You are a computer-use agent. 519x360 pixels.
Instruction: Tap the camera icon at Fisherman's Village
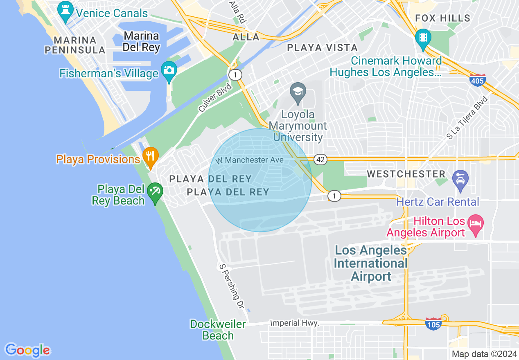pyautogui.click(x=169, y=70)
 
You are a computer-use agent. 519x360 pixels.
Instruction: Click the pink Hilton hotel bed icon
pyautogui.click(x=476, y=224)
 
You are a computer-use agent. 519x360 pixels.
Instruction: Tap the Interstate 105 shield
pyautogui.click(x=433, y=324)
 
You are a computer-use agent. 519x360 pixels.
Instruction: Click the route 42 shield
pyautogui.click(x=320, y=160)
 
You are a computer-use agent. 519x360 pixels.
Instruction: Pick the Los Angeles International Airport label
pyautogui.click(x=371, y=263)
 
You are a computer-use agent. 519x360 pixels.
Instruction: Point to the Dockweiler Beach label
pyautogui.click(x=218, y=330)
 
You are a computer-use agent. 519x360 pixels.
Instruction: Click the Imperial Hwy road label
pyautogui.click(x=295, y=323)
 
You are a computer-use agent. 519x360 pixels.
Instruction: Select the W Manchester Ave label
pyautogui.click(x=250, y=160)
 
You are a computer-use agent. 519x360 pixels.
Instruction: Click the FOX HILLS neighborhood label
pyautogui.click(x=443, y=18)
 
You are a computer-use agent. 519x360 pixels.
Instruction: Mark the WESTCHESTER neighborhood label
pyautogui.click(x=406, y=174)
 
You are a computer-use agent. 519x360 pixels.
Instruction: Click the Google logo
pyautogui.click(x=27, y=350)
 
